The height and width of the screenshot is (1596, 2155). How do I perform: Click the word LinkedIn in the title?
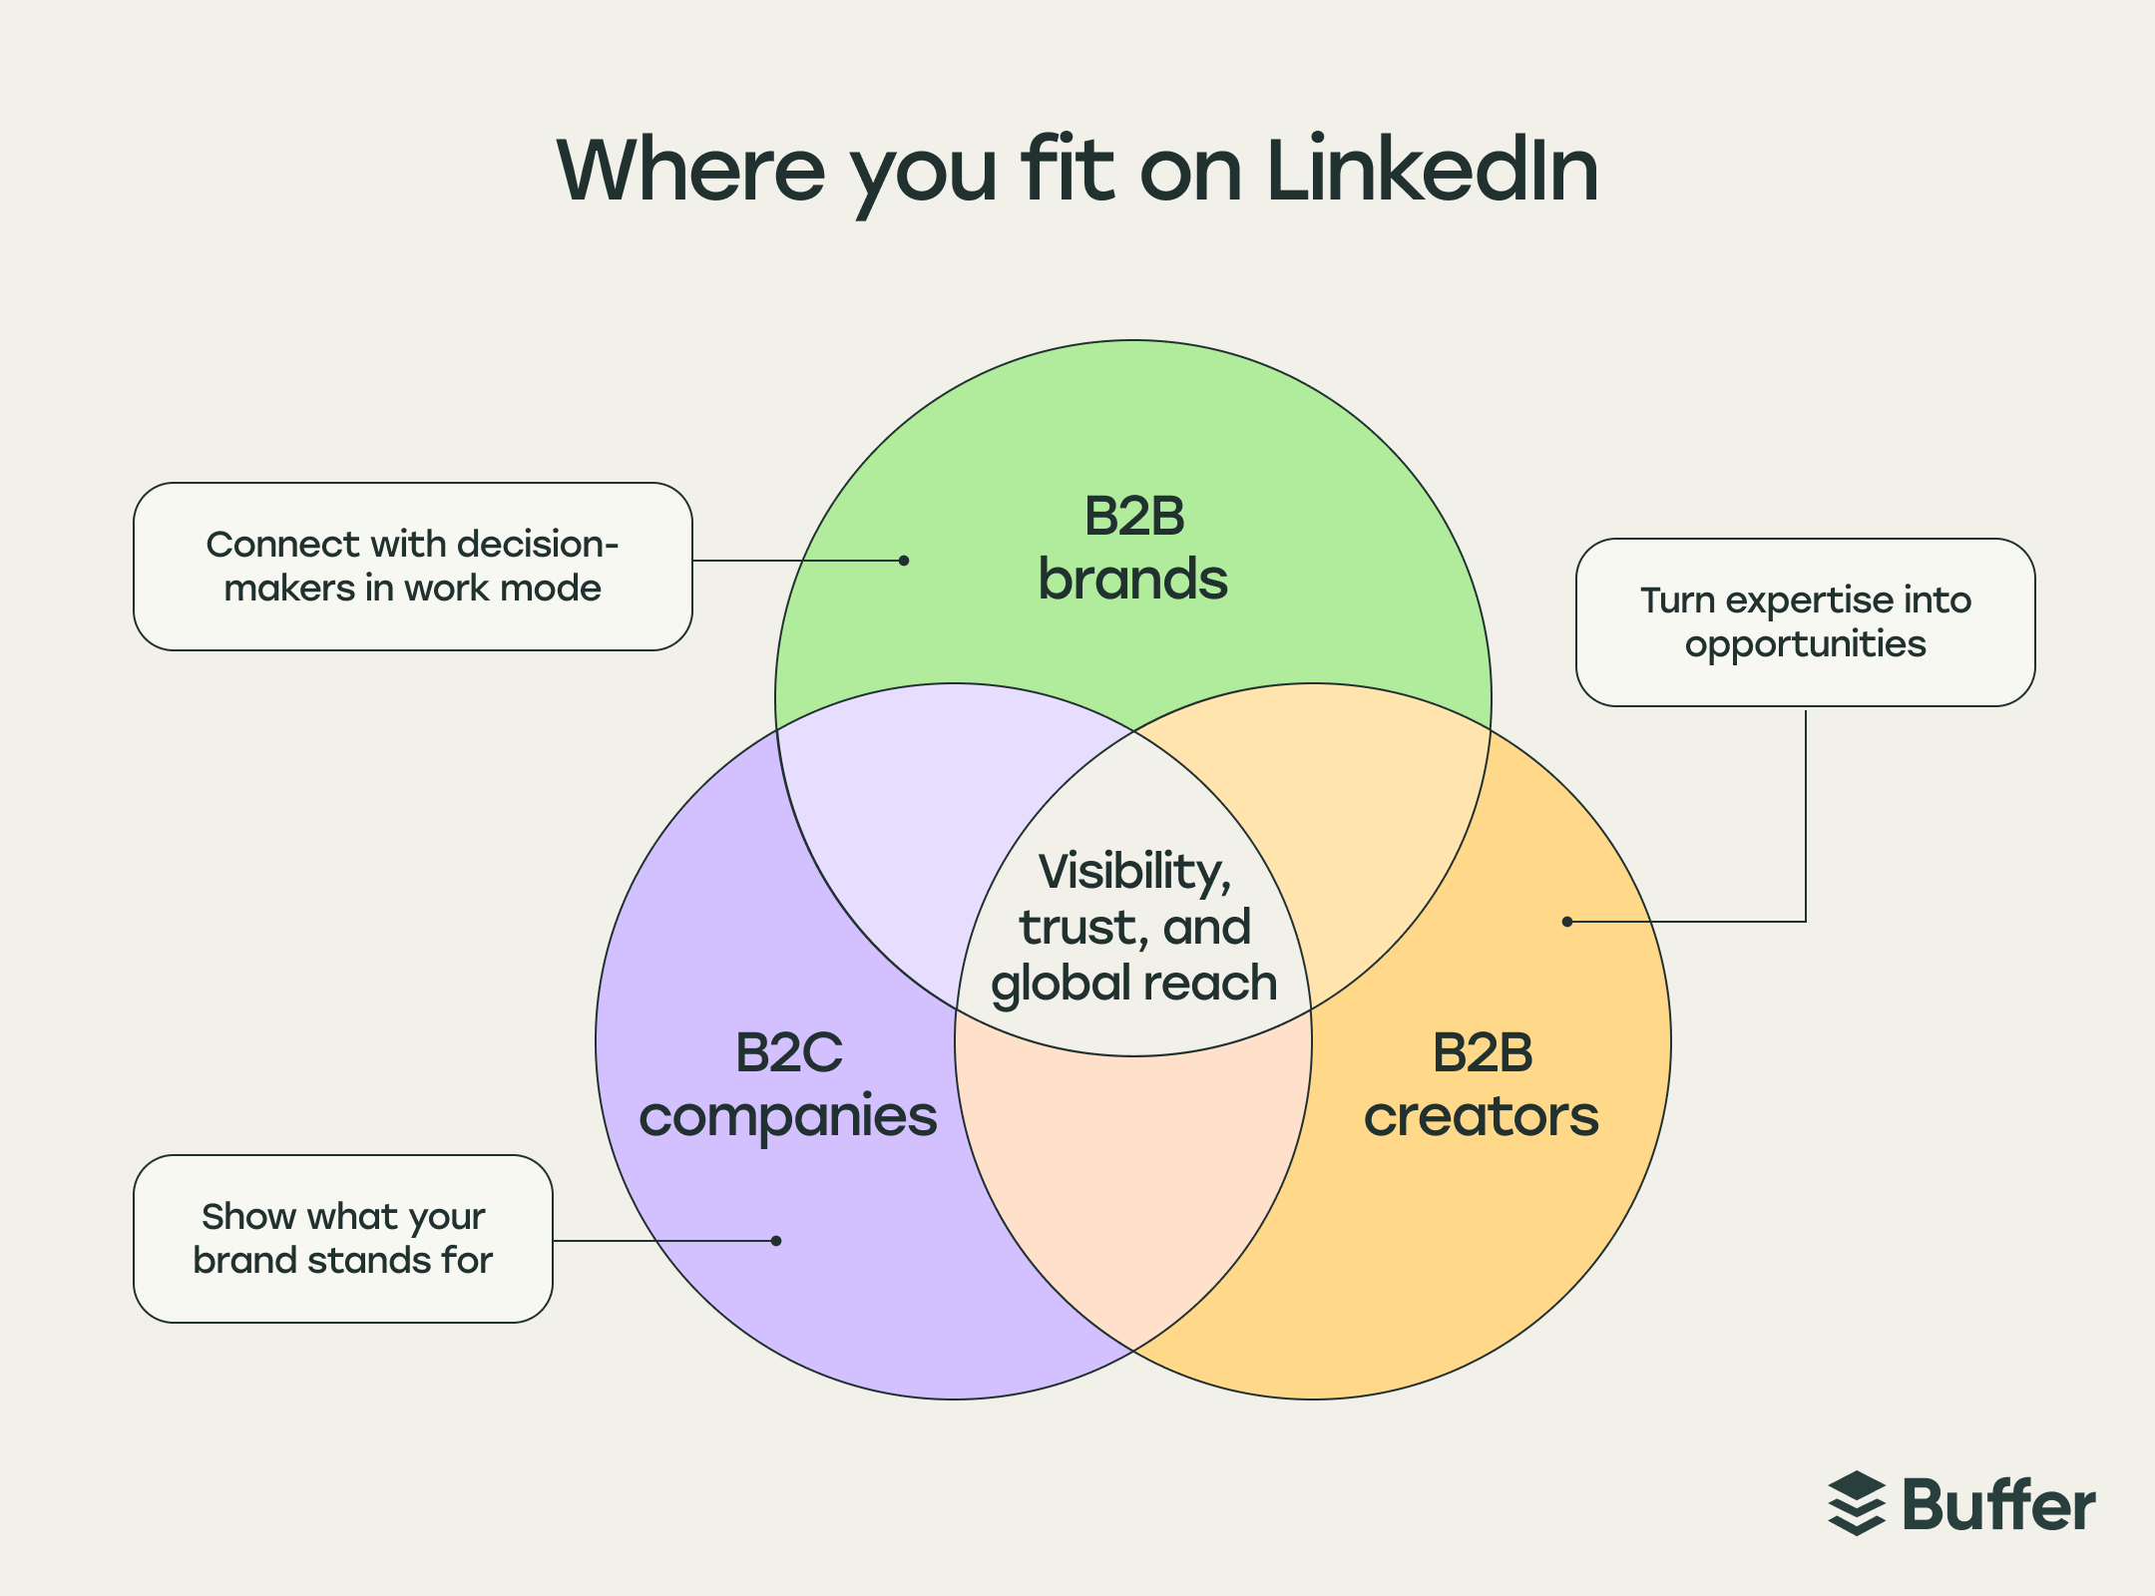[x=1433, y=172]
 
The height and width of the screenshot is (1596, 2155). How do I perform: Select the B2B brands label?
[x=1133, y=549]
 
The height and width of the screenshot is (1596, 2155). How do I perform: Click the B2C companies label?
[x=788, y=1085]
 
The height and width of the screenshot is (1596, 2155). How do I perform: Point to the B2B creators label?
[x=1482, y=1085]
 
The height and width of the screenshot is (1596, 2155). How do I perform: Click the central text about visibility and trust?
[x=1134, y=928]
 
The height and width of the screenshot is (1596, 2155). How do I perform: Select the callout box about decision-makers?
[x=412, y=567]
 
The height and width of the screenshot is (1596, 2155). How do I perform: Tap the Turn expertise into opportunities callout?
[x=1805, y=622]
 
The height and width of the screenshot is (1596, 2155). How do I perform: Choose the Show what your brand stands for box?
[x=342, y=1239]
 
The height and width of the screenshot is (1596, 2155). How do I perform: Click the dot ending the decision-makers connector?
[x=904, y=561]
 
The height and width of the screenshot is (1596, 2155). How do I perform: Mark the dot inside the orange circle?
[x=1567, y=922]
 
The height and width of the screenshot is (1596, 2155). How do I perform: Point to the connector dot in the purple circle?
[x=776, y=1241]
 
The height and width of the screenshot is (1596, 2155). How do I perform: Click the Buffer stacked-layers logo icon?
[x=1856, y=1504]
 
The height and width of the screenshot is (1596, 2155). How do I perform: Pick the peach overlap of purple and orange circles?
[x=1133, y=1177]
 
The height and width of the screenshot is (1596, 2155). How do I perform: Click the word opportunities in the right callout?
[x=1805, y=644]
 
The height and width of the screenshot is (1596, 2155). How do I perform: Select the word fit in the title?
[x=1067, y=172]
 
